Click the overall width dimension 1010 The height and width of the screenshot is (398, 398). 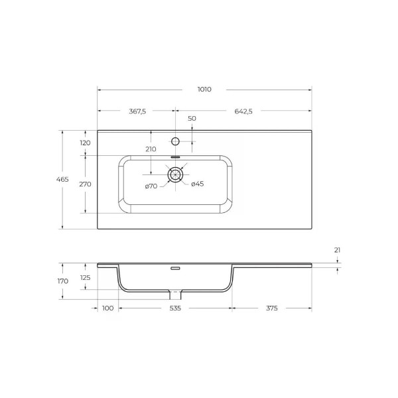[x=204, y=89]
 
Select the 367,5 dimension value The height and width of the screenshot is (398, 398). [x=137, y=111]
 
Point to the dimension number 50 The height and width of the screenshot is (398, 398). [x=192, y=118]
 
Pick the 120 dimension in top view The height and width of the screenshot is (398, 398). [x=85, y=143]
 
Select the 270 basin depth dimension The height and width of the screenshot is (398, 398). [x=85, y=184]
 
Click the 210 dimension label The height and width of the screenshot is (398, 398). [x=151, y=149]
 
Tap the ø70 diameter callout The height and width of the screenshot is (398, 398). [x=151, y=186]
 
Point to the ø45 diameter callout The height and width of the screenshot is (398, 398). [x=197, y=184]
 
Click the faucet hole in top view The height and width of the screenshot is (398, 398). [x=176, y=141]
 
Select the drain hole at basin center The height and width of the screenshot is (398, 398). [x=176, y=174]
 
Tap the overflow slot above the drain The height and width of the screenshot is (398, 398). [x=176, y=157]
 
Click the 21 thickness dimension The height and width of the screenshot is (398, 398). [x=337, y=250]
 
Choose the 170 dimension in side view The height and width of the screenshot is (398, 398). [x=64, y=281]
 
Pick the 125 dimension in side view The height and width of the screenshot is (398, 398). [x=85, y=277]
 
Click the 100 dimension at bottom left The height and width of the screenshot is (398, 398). [x=108, y=308]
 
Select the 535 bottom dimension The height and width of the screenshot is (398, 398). [x=176, y=308]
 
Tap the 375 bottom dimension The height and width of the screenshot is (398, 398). [x=271, y=308]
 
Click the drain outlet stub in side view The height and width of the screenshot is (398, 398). [x=176, y=294]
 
